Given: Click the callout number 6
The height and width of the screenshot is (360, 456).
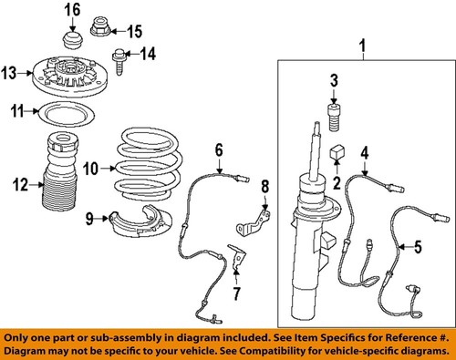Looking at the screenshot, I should (x=219, y=148).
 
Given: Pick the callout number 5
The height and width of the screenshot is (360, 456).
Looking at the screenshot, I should (x=420, y=245).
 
